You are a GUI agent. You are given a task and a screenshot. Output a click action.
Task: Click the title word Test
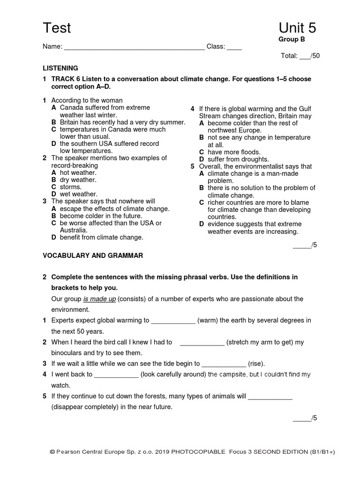click(57, 28)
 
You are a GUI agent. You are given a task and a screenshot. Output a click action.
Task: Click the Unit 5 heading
click(297, 28)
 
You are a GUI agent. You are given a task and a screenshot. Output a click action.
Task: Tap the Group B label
click(292, 39)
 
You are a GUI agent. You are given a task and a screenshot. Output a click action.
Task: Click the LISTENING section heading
click(60, 68)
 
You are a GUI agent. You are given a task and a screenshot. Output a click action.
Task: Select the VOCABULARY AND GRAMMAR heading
click(93, 255)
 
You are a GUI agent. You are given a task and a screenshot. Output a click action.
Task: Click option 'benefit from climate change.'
click(101, 238)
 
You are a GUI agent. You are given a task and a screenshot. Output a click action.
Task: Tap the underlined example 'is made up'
click(99, 299)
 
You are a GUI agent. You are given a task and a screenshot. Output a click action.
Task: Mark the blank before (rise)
click(224, 364)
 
